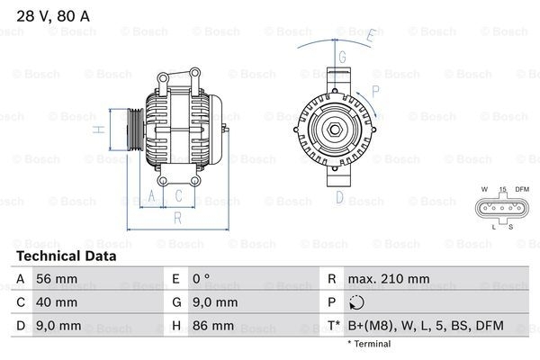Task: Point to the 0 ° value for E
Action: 202,280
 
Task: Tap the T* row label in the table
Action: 334,325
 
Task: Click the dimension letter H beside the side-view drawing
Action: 101,130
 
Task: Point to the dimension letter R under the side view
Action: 178,217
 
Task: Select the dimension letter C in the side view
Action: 178,194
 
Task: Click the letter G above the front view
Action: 342,56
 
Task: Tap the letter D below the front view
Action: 339,196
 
